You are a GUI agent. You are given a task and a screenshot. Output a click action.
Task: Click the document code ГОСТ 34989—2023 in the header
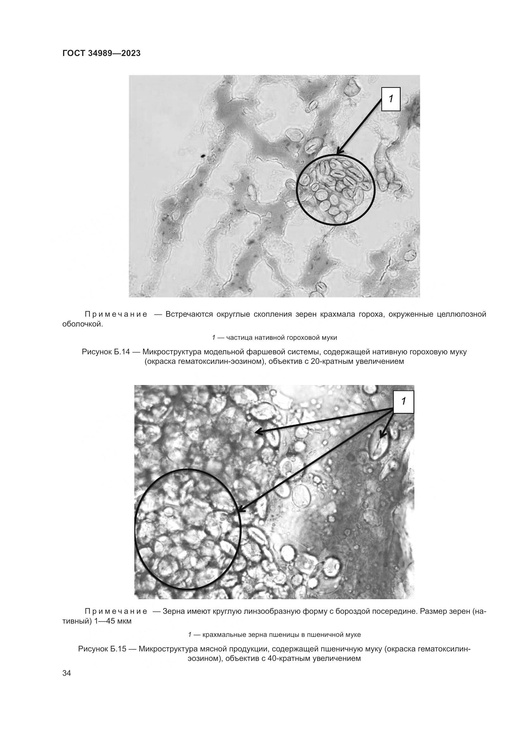point(101,53)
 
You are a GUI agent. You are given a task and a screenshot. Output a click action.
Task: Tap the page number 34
point(67,682)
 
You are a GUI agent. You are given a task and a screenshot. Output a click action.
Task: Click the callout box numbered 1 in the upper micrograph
point(391,99)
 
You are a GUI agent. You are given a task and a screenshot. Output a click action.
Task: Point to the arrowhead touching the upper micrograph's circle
point(339,152)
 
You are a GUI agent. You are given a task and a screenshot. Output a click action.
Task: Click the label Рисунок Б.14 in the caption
point(106,352)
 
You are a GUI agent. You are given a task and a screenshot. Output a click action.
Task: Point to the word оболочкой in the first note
point(82,324)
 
